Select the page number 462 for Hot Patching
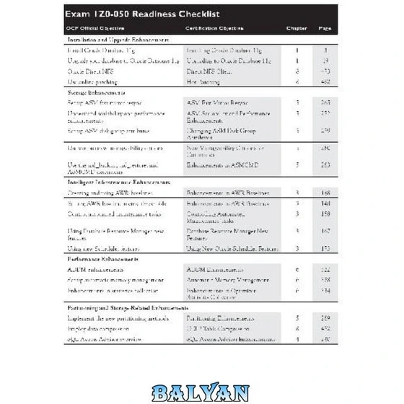click(x=325, y=83)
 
